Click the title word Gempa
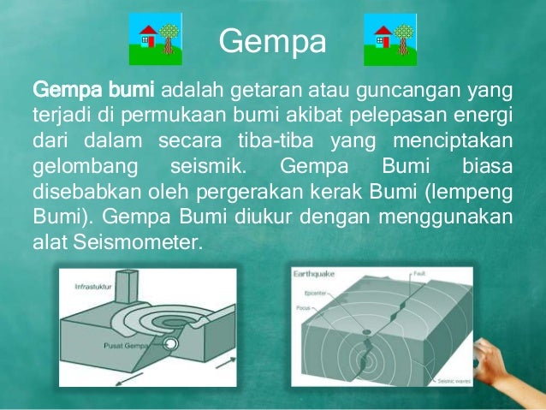[x=272, y=40]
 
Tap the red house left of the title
[x=147, y=37]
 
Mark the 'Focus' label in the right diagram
[x=304, y=306]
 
